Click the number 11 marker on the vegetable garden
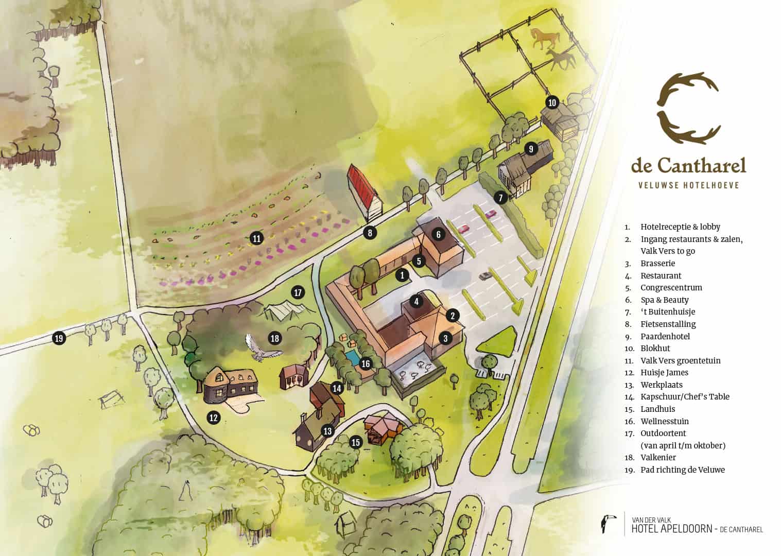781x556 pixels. point(256,238)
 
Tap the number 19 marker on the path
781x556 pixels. point(59,338)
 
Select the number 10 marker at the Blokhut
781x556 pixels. point(552,102)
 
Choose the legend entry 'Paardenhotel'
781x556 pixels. point(665,336)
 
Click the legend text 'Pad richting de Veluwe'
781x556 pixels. point(682,470)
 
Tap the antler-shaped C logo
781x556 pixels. point(688,110)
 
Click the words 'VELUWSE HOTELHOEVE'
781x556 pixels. point(688,185)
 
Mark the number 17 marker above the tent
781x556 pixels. point(298,293)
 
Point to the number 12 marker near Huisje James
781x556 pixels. point(214,418)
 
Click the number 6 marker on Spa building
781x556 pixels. point(438,234)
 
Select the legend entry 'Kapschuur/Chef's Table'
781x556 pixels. point(685,396)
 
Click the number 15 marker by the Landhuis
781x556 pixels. point(355,442)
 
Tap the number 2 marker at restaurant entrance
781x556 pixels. point(453,316)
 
